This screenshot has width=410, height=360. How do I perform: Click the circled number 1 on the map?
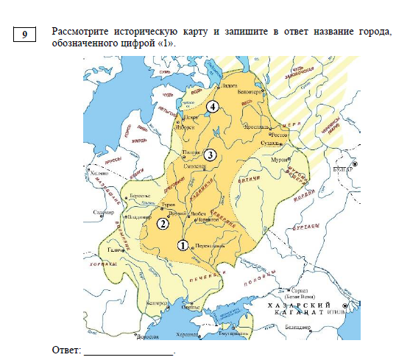point(183,245)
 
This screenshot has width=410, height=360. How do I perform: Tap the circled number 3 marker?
point(211,155)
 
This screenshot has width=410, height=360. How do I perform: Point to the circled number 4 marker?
point(213,107)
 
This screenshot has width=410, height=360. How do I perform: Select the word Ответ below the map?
point(66,347)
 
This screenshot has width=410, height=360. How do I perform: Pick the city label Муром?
point(278,159)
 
